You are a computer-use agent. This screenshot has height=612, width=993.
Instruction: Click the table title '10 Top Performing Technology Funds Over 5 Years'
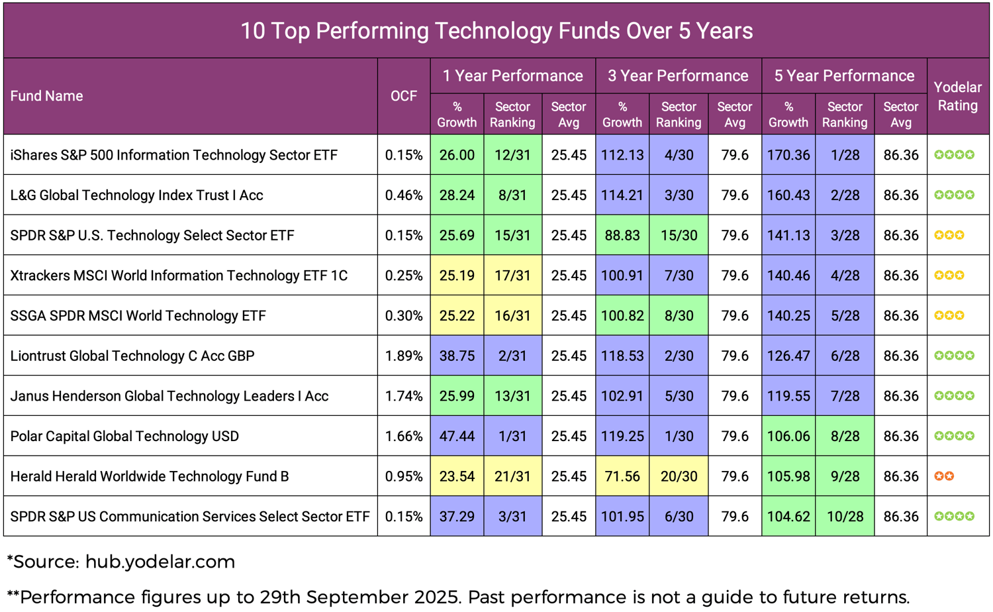pyautogui.click(x=496, y=30)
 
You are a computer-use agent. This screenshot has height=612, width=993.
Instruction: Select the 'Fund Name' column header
pyautogui.click(x=47, y=96)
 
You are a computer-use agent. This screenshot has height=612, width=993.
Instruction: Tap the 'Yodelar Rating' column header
pyautogui.click(x=957, y=96)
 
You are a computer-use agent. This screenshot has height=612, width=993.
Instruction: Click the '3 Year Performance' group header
pyautogui.click(x=678, y=76)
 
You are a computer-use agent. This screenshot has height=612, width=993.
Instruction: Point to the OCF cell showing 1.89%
pyautogui.click(x=404, y=356)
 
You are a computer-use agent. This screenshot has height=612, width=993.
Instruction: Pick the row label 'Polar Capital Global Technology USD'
pyautogui.click(x=124, y=436)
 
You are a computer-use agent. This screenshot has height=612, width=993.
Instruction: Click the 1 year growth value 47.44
pyautogui.click(x=457, y=436)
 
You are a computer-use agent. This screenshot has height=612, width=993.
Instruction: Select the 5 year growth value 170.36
pyautogui.click(x=788, y=155)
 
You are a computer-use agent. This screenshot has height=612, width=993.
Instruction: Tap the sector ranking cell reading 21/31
pyautogui.click(x=512, y=476)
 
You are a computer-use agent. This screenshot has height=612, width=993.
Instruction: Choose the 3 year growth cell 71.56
pyautogui.click(x=622, y=476)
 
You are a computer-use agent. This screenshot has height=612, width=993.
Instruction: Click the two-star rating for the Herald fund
pyautogui.click(x=944, y=476)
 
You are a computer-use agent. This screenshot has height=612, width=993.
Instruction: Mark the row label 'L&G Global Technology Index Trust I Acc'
pyautogui.click(x=136, y=195)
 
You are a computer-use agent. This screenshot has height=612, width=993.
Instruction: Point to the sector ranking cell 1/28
pyautogui.click(x=845, y=155)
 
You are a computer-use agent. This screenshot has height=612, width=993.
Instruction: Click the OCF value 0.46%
pyautogui.click(x=404, y=195)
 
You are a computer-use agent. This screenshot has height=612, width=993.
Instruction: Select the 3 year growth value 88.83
pyautogui.click(x=622, y=235)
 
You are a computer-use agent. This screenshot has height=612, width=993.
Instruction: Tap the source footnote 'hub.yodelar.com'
pyautogui.click(x=160, y=562)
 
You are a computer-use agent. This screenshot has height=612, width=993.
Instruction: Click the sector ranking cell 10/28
pyautogui.click(x=845, y=516)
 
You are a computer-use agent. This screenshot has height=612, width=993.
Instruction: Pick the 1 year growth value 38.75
pyautogui.click(x=457, y=356)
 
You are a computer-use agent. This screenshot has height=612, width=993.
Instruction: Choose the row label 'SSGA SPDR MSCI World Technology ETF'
pyautogui.click(x=138, y=316)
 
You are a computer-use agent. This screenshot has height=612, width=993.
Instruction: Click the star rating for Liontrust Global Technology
pyautogui.click(x=954, y=356)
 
